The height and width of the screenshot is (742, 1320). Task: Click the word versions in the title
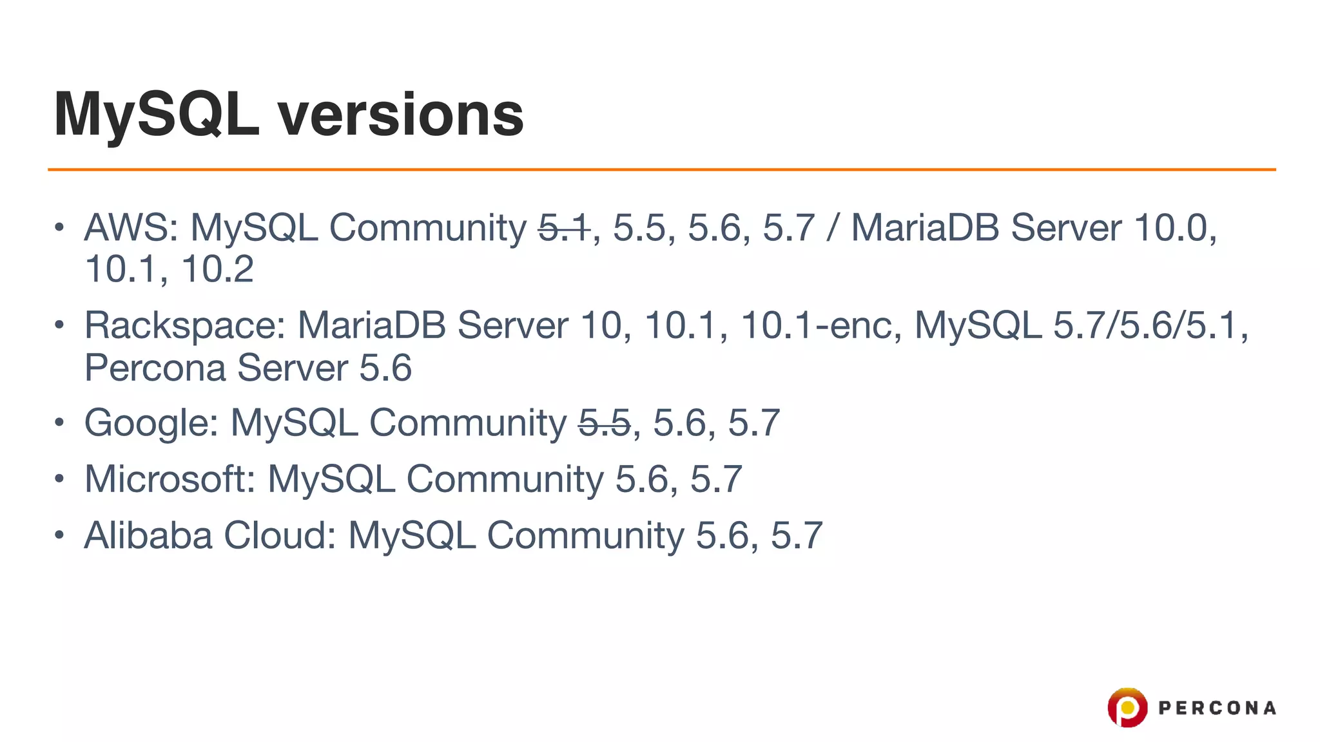click(400, 115)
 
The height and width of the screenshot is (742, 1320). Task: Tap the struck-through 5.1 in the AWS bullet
click(564, 228)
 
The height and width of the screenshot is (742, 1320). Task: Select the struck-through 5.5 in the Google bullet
click(604, 423)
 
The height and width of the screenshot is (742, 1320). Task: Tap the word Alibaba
click(148, 535)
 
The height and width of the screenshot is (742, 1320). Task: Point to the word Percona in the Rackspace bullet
click(155, 368)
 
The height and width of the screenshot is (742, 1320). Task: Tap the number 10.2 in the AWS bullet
click(217, 269)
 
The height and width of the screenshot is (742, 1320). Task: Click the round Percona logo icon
click(1127, 708)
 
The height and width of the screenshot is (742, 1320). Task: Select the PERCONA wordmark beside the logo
click(1217, 709)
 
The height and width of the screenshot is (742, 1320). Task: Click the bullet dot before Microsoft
click(59, 479)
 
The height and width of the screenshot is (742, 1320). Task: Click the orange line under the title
click(661, 169)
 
